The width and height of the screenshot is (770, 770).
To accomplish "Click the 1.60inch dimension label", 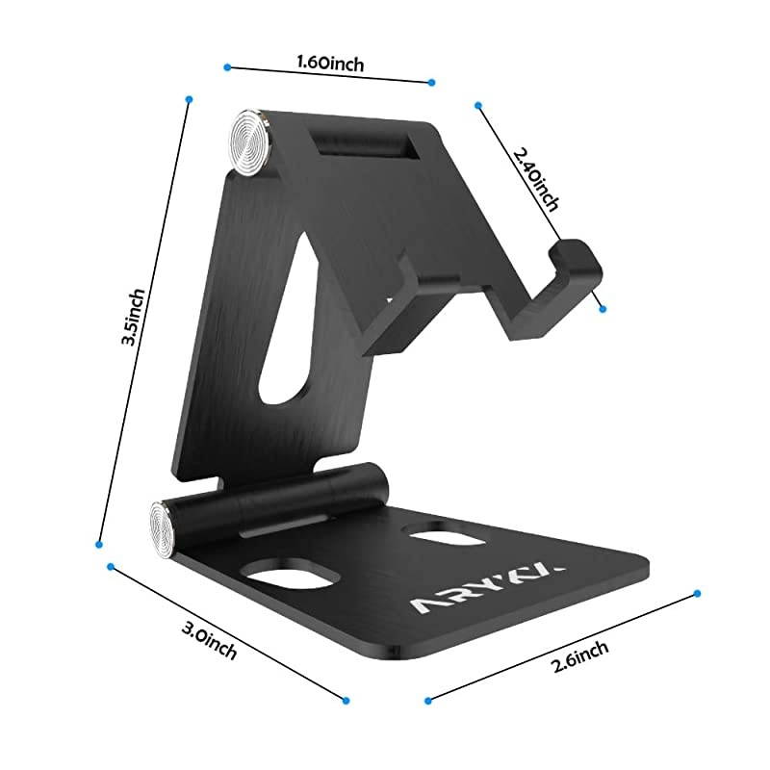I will (330, 64).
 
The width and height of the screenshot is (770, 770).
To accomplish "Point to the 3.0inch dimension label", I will (209, 638).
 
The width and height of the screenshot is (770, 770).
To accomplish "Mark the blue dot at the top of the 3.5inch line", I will (190, 99).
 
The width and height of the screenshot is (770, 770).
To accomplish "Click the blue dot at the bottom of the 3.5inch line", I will (99, 545).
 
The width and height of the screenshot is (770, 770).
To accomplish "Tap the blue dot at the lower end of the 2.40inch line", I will (603, 308).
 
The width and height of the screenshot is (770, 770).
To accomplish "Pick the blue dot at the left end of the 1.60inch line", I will (227, 66).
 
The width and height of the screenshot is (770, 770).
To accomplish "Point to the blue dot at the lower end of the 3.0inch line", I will (346, 701).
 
